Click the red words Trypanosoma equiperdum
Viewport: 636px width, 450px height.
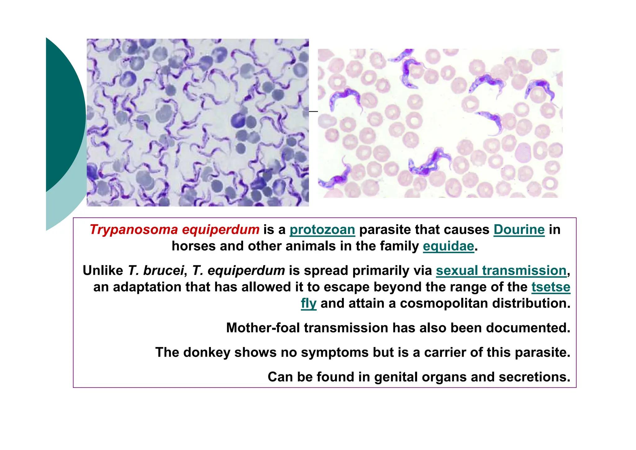[175, 230]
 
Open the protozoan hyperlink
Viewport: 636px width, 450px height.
[322, 230]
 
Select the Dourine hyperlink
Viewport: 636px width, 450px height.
[519, 230]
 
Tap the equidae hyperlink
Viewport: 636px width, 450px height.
[448, 246]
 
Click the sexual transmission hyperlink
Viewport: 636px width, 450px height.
[501, 271]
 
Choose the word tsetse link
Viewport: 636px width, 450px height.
[551, 287]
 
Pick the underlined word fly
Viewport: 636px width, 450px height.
[308, 304]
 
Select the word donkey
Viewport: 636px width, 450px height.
[207, 353]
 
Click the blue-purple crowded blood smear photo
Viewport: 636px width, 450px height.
[198, 123]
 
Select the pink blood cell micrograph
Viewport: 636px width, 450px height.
[440, 123]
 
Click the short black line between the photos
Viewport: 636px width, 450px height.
[313, 111]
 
